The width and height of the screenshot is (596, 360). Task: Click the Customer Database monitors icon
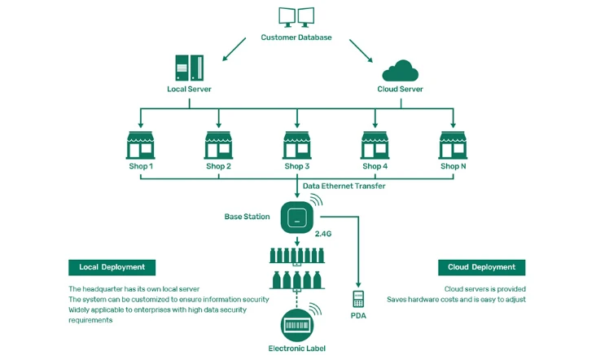pos(296,17)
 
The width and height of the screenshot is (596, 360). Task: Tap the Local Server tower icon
pos(189,68)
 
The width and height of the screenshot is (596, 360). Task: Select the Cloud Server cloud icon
pos(401,71)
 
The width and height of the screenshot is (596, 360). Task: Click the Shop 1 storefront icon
pos(141,145)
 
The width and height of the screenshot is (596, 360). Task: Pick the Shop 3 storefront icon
pos(297,145)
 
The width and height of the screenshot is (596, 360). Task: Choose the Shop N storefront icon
pos(453,145)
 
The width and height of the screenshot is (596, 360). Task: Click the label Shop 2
pos(218,166)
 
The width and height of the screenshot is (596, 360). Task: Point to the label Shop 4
pos(375,166)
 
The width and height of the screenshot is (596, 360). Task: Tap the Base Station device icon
pos(297,217)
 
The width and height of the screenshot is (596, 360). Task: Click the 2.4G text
pos(323,234)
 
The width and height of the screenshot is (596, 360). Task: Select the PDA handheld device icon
pos(358,299)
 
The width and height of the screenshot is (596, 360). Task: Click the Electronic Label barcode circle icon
pos(297,325)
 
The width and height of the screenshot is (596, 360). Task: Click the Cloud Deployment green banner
pos(481,267)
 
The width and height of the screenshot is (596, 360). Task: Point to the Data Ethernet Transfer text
pos(344,186)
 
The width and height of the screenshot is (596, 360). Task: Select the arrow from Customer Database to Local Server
pos(234,49)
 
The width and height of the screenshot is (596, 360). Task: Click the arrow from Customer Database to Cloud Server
pos(361,50)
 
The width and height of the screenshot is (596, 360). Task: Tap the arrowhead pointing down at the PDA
pos(358,285)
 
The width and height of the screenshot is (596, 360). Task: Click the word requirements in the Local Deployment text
pos(90,320)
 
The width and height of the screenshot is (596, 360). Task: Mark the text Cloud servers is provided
pos(485,289)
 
